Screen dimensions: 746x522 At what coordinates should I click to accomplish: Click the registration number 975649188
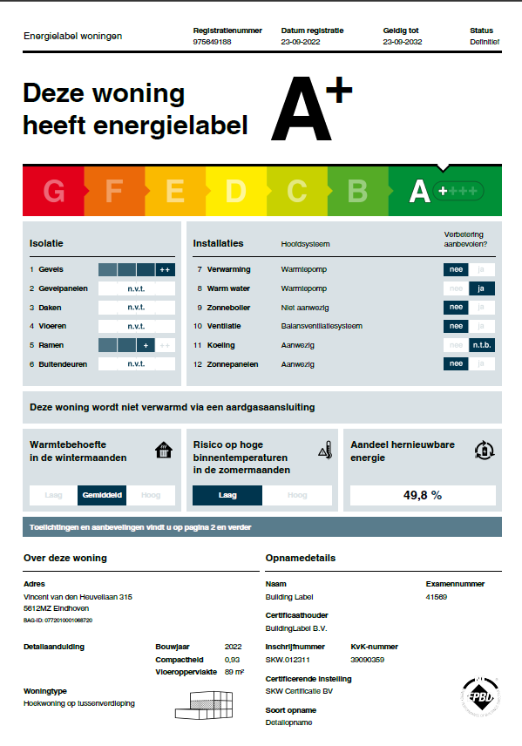point(212,42)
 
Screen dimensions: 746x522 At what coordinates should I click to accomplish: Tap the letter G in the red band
point(54,191)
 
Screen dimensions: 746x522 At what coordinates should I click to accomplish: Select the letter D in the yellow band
point(235,191)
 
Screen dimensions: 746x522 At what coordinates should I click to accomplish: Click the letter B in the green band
point(357,191)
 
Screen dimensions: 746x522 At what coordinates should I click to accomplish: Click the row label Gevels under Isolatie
point(51,270)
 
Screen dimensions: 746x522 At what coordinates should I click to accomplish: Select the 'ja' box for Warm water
point(482,288)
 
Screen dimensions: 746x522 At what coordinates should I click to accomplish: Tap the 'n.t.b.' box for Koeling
point(482,345)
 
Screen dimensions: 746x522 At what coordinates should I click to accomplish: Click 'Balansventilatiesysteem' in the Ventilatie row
point(321,326)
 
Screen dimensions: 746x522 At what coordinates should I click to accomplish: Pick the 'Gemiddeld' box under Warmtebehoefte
point(103,495)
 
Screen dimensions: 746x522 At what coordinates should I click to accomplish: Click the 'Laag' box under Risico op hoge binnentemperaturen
point(227,495)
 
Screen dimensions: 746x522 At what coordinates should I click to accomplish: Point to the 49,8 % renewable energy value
point(423,495)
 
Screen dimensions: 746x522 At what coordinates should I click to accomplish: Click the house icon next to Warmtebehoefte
point(163,451)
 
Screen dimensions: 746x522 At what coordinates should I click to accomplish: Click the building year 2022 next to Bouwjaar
point(233,647)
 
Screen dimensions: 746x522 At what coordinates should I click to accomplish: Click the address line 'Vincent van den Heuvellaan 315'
point(78,597)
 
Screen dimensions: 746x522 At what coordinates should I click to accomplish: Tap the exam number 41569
point(437,597)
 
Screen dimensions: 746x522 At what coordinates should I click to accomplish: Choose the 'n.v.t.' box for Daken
point(136,308)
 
